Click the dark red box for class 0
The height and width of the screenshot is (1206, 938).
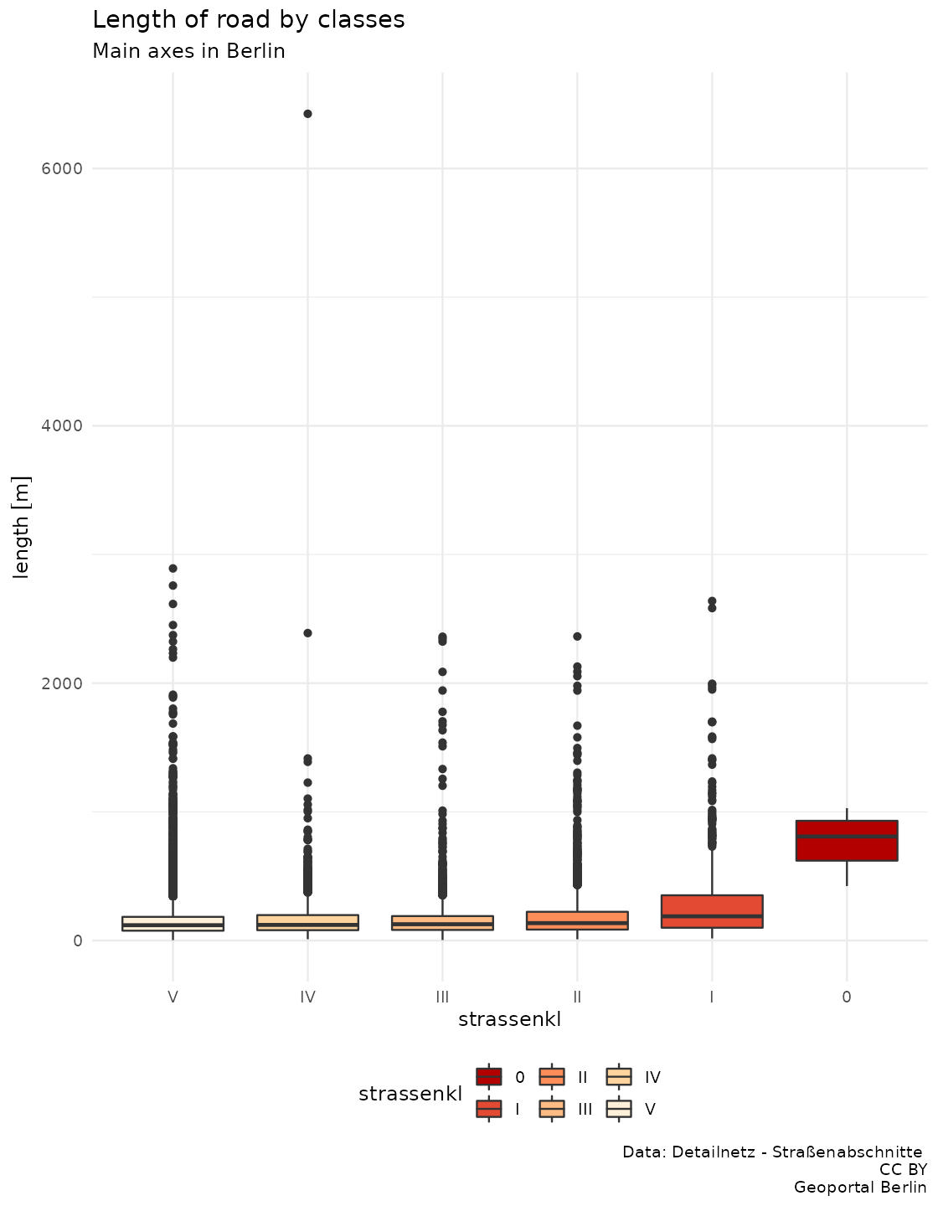(847, 840)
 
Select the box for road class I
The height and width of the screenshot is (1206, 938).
(712, 911)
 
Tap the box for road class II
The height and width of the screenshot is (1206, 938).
(577, 920)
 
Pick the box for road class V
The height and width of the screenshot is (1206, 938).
(173, 924)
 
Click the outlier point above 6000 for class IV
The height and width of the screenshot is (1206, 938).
(307, 114)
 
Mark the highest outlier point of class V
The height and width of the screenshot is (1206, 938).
(173, 569)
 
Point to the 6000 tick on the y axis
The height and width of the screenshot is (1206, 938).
(62, 168)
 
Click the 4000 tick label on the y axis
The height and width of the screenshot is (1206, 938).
(62, 425)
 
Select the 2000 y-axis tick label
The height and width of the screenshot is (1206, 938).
(62, 683)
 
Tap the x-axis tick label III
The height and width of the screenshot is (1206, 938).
(442, 997)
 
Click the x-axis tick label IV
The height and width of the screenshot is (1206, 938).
(307, 997)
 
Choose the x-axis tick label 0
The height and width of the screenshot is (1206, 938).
(847, 997)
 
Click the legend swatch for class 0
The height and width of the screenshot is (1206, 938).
(489, 1076)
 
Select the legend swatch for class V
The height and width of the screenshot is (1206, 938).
(619, 1109)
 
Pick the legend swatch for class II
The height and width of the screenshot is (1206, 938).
(553, 1076)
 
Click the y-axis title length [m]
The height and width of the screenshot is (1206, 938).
(22, 526)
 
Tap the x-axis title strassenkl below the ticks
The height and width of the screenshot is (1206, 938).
(509, 1019)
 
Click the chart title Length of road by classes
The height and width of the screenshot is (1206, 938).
(249, 19)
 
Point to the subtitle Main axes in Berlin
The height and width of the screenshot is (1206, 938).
(188, 51)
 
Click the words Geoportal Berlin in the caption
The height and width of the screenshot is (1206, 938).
(860, 1187)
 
